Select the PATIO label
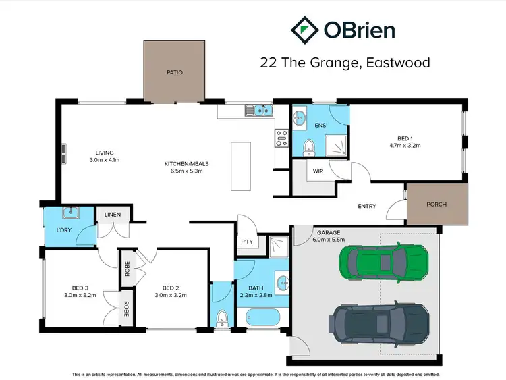[175, 72]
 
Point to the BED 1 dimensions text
[405, 145]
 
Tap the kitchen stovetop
[281, 138]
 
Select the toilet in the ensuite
[308, 146]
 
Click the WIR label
[318, 171]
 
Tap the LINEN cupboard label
[112, 215]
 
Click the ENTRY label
[367, 207]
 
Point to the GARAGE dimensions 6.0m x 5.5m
[328, 240]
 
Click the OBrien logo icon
[305, 30]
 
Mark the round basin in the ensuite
[298, 116]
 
